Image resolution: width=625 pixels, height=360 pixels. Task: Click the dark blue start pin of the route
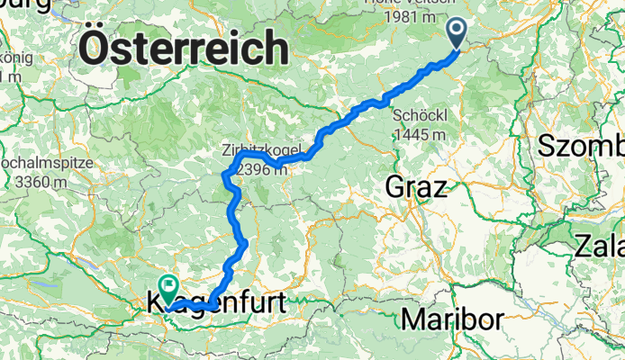(457, 32)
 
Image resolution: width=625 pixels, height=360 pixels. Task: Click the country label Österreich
(185, 48)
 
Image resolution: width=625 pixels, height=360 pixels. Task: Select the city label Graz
(415, 188)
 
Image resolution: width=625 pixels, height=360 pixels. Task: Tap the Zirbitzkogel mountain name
(258, 150)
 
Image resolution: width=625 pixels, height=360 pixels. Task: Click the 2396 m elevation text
(258, 167)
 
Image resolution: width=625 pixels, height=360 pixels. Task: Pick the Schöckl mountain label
(420, 116)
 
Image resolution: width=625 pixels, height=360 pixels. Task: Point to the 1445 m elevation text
(421, 134)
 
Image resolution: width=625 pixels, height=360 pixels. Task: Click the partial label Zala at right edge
(598, 245)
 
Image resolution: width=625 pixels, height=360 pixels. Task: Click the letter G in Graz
(394, 188)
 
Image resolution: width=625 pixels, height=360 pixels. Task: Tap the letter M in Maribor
(414, 319)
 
